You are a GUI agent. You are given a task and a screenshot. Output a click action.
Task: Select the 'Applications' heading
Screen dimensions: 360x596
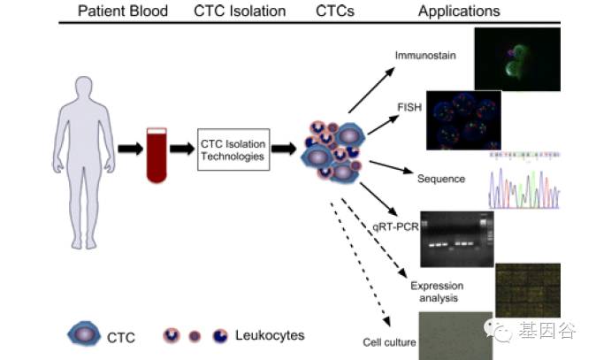[x=458, y=11]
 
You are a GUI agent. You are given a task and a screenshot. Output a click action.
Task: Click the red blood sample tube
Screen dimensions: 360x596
[x=157, y=154]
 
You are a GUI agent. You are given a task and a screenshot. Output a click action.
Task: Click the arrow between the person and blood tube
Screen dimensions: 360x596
[x=129, y=149]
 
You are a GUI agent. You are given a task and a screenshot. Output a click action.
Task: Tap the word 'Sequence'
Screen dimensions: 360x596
[x=440, y=179]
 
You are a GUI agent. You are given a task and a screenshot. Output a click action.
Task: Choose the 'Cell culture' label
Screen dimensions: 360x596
[x=389, y=341]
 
